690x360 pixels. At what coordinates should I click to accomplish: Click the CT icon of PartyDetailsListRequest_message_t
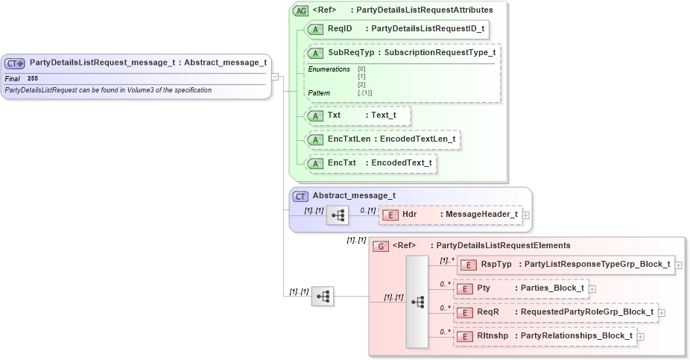(x=16, y=63)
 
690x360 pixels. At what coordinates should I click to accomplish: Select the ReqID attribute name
(x=340, y=29)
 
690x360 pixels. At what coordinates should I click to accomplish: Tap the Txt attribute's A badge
(x=315, y=116)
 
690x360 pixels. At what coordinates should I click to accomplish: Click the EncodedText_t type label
(x=402, y=162)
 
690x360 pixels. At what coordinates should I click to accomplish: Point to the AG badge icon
(x=300, y=10)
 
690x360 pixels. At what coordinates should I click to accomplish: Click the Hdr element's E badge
(x=390, y=215)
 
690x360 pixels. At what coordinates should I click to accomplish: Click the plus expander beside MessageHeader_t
(x=526, y=215)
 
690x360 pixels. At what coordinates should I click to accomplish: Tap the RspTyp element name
(x=496, y=265)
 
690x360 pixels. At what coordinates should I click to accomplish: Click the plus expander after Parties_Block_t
(x=592, y=288)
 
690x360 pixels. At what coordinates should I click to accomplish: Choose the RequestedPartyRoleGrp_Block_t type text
(x=586, y=312)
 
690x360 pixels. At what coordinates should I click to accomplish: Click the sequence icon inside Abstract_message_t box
(x=336, y=215)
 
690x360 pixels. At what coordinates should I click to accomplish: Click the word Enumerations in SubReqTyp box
(x=329, y=69)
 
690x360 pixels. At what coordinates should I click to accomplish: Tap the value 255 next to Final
(x=33, y=78)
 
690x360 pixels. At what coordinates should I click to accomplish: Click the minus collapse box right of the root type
(x=275, y=76)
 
